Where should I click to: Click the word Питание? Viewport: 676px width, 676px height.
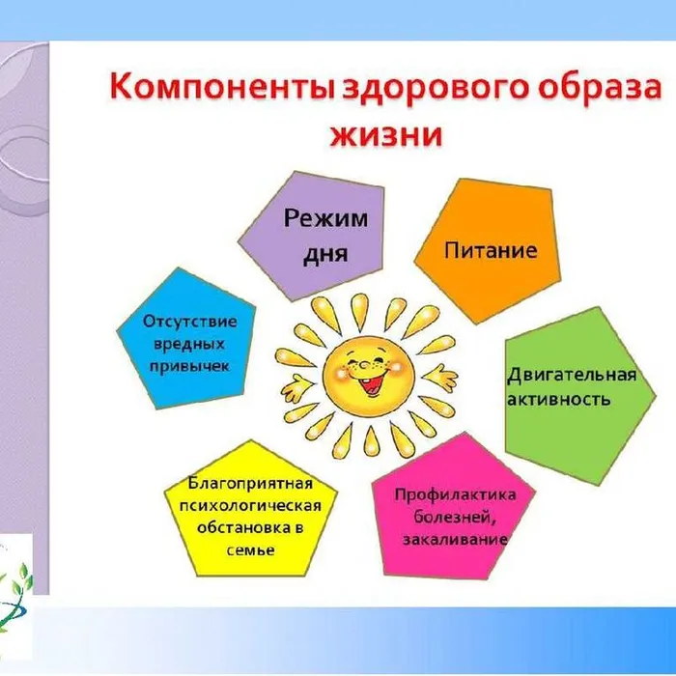[491, 251]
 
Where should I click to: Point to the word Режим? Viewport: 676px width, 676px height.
[325, 218]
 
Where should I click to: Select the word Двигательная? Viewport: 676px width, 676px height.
[572, 376]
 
